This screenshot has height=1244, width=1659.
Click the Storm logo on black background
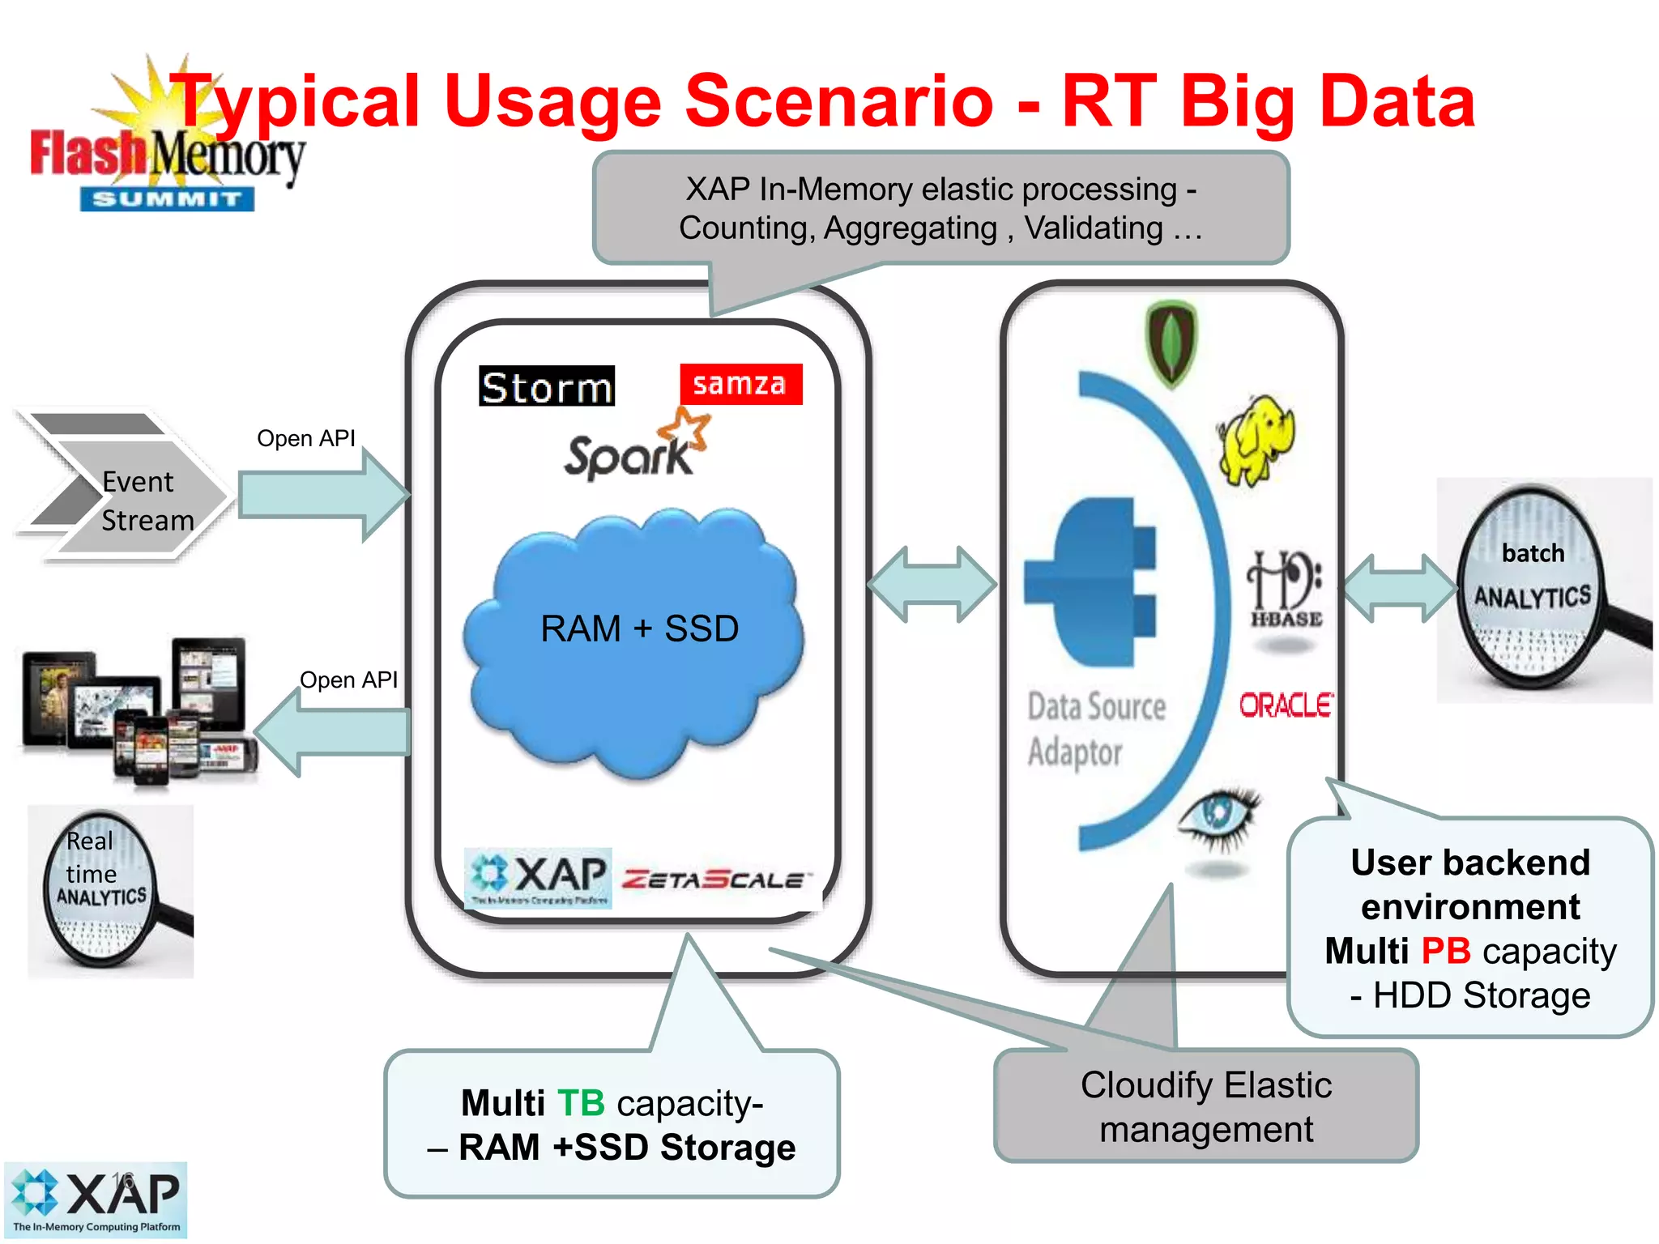tap(547, 386)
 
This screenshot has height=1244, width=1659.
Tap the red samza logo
tap(740, 384)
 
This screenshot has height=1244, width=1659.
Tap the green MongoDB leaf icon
tap(1171, 342)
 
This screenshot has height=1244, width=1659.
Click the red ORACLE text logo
tap(1286, 705)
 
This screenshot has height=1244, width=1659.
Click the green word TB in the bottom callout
tap(581, 1103)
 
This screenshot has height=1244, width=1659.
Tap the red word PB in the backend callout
tap(1445, 951)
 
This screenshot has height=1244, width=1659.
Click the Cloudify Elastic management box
tap(1205, 1107)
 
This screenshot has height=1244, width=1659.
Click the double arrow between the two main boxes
tap(932, 584)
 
